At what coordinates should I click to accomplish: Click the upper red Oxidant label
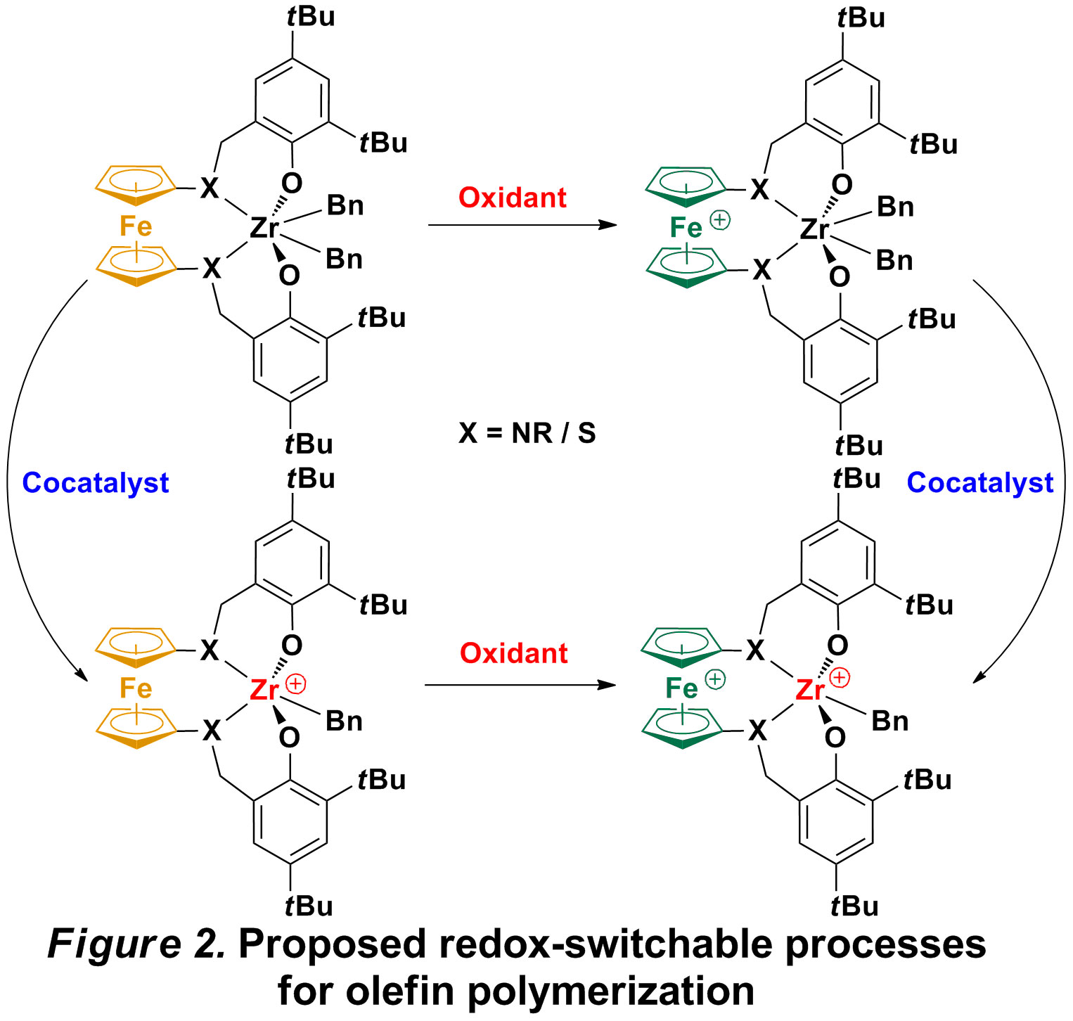click(512, 198)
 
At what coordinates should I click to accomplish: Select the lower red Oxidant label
click(513, 653)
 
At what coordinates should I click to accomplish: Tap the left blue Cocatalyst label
click(96, 483)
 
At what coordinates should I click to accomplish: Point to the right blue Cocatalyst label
click(979, 482)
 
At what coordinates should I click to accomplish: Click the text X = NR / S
click(527, 433)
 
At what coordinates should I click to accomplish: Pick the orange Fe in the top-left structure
click(136, 226)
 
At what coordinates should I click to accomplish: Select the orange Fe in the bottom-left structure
click(136, 688)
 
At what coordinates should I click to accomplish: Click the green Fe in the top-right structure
click(686, 228)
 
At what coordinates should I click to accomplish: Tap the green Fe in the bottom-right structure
click(681, 688)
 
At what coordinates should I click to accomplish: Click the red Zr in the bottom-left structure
click(264, 691)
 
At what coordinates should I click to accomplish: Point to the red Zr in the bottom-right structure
click(809, 690)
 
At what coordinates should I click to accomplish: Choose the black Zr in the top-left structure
click(264, 228)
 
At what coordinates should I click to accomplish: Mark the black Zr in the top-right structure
click(814, 229)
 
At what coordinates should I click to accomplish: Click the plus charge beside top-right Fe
click(720, 220)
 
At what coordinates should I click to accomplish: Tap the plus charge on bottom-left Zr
click(296, 683)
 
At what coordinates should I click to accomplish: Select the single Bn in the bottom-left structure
click(344, 721)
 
